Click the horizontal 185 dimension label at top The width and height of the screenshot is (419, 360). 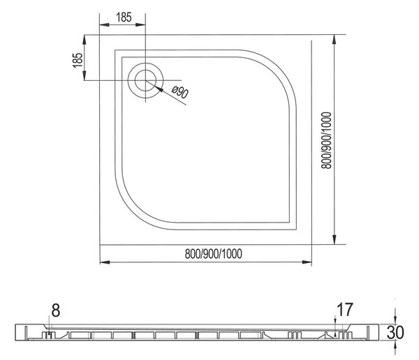124,17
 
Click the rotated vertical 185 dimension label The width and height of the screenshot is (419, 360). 78,60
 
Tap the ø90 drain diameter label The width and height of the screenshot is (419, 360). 180,92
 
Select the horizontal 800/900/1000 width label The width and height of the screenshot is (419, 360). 214,254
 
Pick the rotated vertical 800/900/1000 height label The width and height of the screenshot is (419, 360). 326,140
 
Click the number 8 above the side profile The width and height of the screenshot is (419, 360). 56,311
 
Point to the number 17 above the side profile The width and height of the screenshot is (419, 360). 345,309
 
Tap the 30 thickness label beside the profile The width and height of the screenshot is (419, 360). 395,332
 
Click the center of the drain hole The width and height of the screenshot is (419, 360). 145,80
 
